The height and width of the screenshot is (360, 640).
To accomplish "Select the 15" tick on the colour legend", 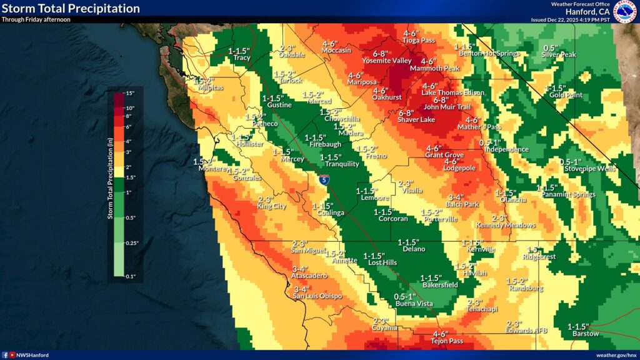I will (x=129, y=94).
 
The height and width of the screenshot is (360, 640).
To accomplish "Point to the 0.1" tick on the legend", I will (x=129, y=276).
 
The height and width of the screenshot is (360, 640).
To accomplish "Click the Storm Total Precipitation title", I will (x=71, y=8).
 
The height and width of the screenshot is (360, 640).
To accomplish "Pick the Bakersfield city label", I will (x=439, y=285).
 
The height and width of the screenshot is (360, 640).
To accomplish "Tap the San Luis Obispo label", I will (x=318, y=296).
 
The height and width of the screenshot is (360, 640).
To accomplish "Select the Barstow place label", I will (x=586, y=334).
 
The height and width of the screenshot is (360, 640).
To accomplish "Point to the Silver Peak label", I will (x=559, y=55).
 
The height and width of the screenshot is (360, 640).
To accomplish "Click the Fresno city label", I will (x=372, y=156).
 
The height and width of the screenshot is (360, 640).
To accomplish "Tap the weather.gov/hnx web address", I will (x=616, y=354).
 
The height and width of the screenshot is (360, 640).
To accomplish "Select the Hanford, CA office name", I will (x=587, y=12).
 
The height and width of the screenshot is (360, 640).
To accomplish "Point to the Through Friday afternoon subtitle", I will (x=36, y=19).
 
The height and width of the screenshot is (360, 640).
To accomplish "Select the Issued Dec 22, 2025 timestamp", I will (x=570, y=20).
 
